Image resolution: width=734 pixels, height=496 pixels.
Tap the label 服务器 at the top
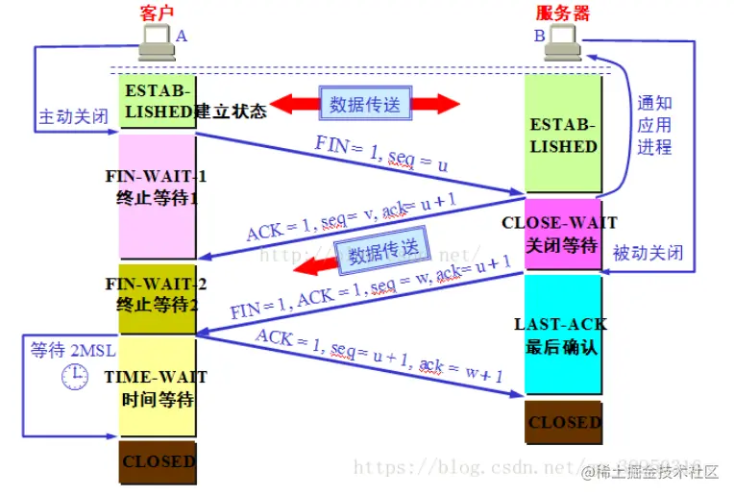point(562,12)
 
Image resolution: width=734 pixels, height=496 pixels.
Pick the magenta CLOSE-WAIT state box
point(563,234)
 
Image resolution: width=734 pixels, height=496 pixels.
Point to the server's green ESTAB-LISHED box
point(563,135)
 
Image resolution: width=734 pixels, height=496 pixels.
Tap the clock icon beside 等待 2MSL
point(76,378)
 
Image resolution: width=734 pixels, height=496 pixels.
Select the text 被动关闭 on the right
point(648,253)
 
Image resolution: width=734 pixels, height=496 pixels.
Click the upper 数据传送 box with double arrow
point(365,105)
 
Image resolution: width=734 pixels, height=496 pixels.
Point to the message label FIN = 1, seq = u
point(381,156)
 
